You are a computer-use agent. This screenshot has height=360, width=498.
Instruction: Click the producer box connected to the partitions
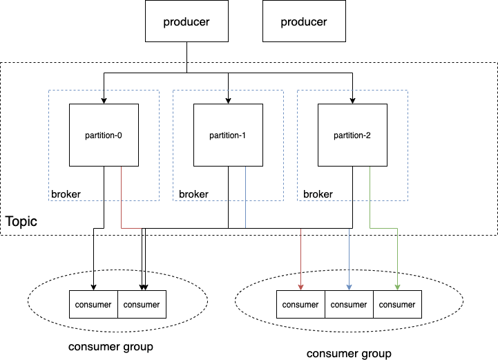pos(186,21)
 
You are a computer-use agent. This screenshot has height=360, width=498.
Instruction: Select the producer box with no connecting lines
pos(304,21)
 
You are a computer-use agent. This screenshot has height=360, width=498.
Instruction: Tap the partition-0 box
pos(104,135)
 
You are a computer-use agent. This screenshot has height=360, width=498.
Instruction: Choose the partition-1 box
pos(228,135)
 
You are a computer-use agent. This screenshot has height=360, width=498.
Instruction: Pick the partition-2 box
pos(352,135)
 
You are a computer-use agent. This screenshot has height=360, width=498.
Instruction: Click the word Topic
pos(21,221)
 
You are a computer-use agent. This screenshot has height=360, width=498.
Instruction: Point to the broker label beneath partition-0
pos(66,194)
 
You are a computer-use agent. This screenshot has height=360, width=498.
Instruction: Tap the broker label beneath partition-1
pos(193,194)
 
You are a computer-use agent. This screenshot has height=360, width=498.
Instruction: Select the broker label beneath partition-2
pos(318,194)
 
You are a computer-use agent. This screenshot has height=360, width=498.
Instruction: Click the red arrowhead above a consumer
pos(300,287)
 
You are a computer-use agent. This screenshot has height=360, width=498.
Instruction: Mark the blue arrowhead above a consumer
pos(349,287)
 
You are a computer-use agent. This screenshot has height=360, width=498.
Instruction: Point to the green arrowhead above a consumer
pos(397,287)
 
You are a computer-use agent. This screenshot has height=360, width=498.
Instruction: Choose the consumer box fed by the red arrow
pos(300,304)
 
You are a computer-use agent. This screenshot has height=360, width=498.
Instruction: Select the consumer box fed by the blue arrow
pos(349,304)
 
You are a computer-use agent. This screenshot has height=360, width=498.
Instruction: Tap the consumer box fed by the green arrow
pos(397,304)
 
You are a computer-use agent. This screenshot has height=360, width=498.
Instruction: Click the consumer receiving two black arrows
pos(142,304)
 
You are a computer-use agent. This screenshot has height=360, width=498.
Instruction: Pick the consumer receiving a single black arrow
pos(93,304)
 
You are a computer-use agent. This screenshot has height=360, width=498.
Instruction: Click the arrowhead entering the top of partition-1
pos(228,101)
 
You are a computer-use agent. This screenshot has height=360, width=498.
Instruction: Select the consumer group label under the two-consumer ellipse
pos(111,347)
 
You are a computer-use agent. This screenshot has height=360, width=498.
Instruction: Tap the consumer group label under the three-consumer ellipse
pos(349,354)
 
